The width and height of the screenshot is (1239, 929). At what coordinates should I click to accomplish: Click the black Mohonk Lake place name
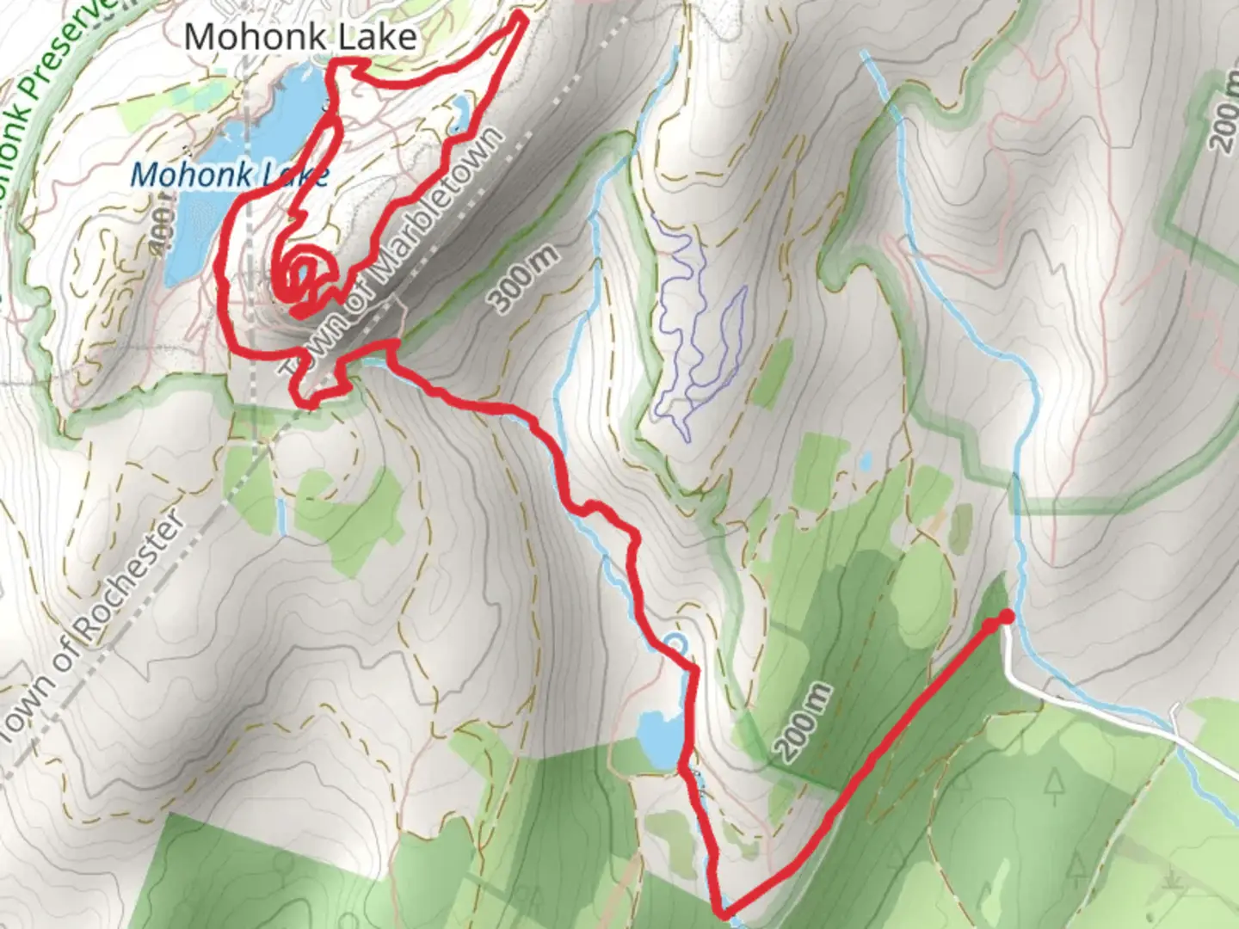[x=300, y=36]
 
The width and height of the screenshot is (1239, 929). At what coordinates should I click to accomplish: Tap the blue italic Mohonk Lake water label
[x=229, y=175]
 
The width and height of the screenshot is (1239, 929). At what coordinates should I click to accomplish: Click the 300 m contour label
[x=523, y=277]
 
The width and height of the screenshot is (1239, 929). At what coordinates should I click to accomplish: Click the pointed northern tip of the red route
[x=522, y=14]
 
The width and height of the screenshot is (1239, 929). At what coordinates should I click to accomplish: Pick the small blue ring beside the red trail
[x=677, y=642]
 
